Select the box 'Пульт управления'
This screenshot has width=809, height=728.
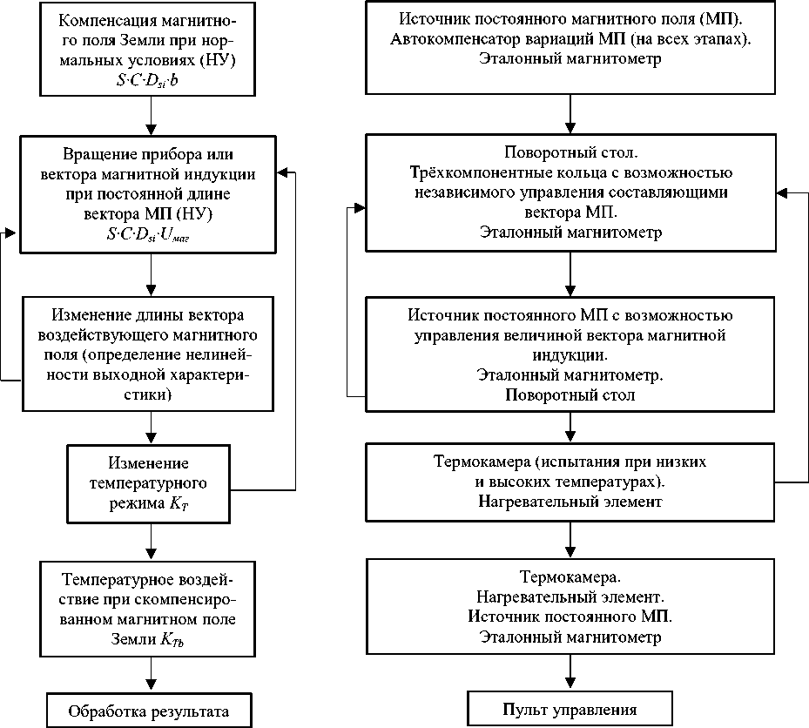click(570, 709)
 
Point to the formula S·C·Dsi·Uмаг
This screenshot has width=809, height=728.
click(152, 235)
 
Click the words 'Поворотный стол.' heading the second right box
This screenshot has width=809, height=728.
click(570, 150)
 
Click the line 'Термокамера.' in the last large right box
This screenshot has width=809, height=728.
click(570, 576)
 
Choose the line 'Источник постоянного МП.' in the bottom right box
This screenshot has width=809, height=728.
click(570, 617)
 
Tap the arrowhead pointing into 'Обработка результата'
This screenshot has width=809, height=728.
click(152, 686)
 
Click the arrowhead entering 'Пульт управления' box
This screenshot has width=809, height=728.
click(570, 684)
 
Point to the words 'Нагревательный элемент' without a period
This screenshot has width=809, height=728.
click(570, 502)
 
